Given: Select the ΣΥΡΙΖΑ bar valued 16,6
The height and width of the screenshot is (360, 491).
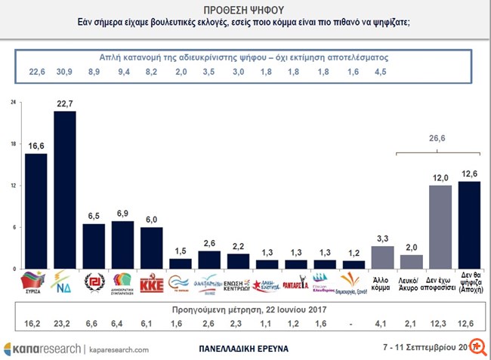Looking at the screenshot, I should (x=36, y=211).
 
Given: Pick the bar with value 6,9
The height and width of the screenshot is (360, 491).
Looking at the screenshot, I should (x=122, y=245).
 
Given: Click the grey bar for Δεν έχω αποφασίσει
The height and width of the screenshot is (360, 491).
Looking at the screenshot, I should (x=440, y=227).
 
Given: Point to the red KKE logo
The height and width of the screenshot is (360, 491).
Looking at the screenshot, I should (x=151, y=283).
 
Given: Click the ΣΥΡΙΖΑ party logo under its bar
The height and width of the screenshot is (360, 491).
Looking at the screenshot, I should (x=36, y=283).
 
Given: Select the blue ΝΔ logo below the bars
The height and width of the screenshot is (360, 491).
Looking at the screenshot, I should (x=65, y=283).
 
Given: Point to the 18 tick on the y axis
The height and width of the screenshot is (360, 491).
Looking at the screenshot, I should (x=11, y=143).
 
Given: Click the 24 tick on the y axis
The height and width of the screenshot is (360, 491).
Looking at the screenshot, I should (x=11, y=102).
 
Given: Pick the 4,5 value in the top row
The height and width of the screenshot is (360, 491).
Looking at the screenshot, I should (x=383, y=72).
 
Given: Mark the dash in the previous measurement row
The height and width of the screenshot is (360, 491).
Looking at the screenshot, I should (x=354, y=327).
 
